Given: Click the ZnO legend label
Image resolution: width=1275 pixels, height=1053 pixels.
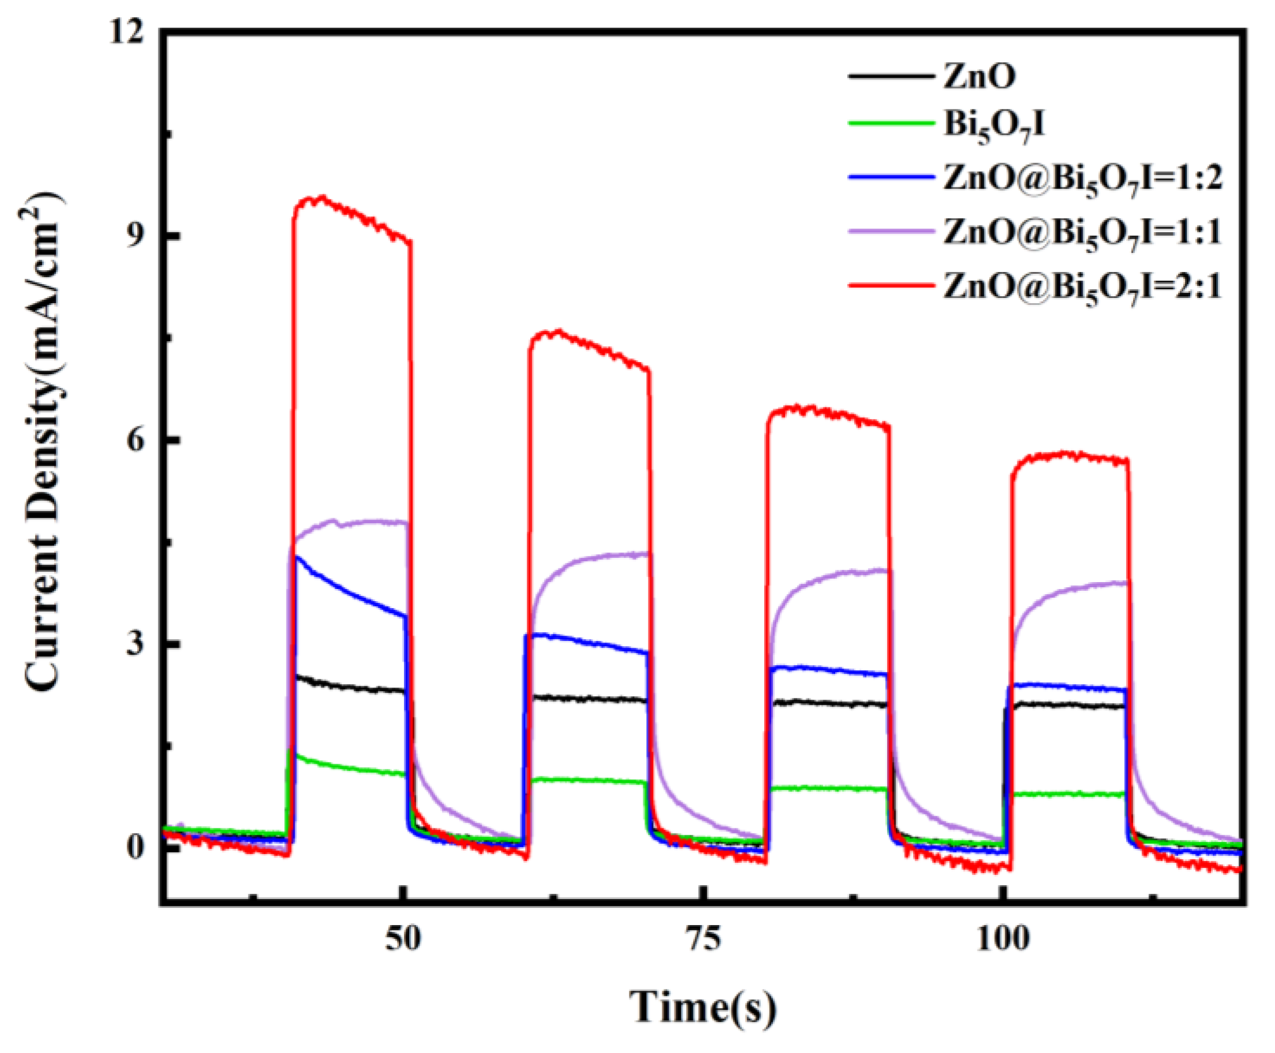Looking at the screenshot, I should click(979, 77).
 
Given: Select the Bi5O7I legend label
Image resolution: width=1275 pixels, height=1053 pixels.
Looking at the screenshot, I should click(994, 126).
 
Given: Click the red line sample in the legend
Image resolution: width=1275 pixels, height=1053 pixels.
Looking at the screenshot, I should click(890, 285).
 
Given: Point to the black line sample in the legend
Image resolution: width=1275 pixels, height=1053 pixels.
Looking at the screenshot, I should click(890, 77).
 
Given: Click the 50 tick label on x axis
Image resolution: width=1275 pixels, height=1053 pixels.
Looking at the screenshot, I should click(402, 939).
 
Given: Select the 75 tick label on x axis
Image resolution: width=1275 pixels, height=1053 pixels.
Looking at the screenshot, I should click(704, 939).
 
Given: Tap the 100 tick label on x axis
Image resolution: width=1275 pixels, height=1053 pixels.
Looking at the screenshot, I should click(1003, 939).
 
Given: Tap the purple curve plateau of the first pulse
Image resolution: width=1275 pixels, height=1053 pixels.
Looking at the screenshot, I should click(364, 521).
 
